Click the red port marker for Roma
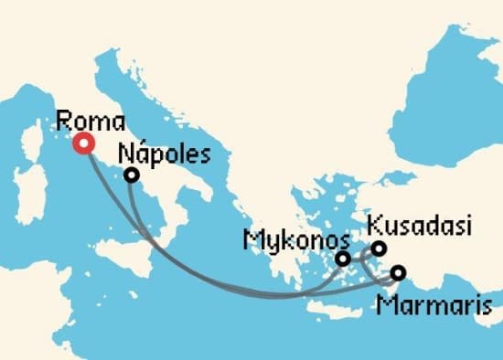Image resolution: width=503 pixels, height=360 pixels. pos(85,143)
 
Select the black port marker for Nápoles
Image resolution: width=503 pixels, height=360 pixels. pos(132,175)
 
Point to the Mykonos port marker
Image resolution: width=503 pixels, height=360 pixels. pos(343,259)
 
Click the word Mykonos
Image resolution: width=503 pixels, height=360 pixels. pos(296,241)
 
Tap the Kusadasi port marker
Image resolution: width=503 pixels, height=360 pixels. pos(379,248)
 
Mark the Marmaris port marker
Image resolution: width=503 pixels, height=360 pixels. pos(398,271)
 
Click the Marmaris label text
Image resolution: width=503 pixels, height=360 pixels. pos(425,302)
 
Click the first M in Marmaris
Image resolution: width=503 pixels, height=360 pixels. pos(384,302)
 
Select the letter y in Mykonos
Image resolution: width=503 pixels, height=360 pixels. pos(268,244)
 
